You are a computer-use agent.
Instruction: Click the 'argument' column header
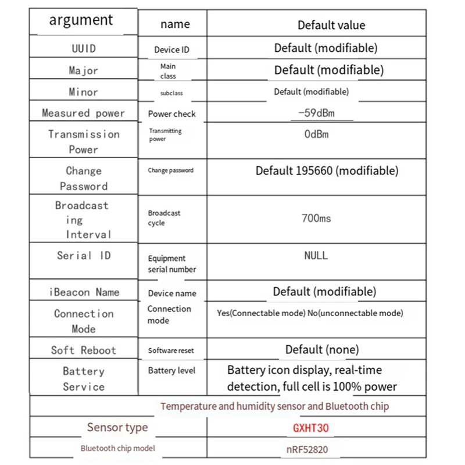(x=81, y=20)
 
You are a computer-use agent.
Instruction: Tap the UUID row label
(x=84, y=48)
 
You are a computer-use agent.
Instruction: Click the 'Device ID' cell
(x=171, y=50)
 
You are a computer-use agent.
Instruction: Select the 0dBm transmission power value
(x=316, y=134)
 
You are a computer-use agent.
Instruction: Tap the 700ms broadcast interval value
(x=317, y=219)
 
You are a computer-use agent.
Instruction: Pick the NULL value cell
(x=316, y=255)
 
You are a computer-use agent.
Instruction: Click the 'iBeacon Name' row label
(x=84, y=292)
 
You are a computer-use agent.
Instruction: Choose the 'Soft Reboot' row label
(x=84, y=350)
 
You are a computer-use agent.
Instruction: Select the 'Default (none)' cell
(x=322, y=349)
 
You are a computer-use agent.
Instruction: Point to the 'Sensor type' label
(x=117, y=428)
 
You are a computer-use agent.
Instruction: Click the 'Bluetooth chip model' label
(x=118, y=448)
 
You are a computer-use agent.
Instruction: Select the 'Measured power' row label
(x=84, y=113)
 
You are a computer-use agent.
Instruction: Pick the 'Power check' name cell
(x=172, y=114)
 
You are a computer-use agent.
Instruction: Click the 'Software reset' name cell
(x=171, y=350)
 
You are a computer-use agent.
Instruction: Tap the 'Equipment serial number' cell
(x=172, y=264)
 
